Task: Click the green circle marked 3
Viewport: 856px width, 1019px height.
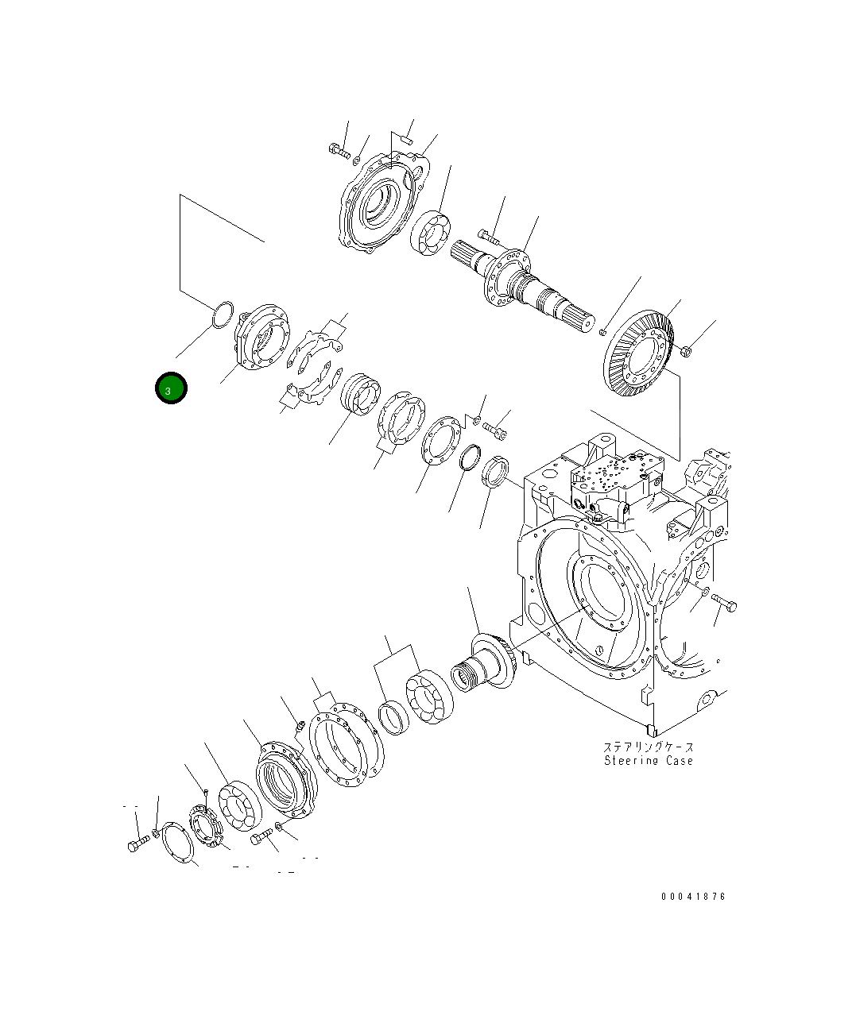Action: [170, 389]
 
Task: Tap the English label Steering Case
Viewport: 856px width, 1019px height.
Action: [648, 761]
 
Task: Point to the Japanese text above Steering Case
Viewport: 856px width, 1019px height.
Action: [648, 747]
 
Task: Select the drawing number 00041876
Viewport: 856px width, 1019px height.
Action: [693, 897]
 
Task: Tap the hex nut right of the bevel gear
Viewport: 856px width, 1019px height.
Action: [688, 349]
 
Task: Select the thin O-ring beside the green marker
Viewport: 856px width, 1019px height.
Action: [222, 314]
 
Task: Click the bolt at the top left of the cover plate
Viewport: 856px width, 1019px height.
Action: [337, 150]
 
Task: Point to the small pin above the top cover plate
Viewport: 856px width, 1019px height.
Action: [405, 141]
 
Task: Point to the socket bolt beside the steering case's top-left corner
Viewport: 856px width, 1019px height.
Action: [495, 431]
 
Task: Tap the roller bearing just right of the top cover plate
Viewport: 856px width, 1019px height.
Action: [432, 235]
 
